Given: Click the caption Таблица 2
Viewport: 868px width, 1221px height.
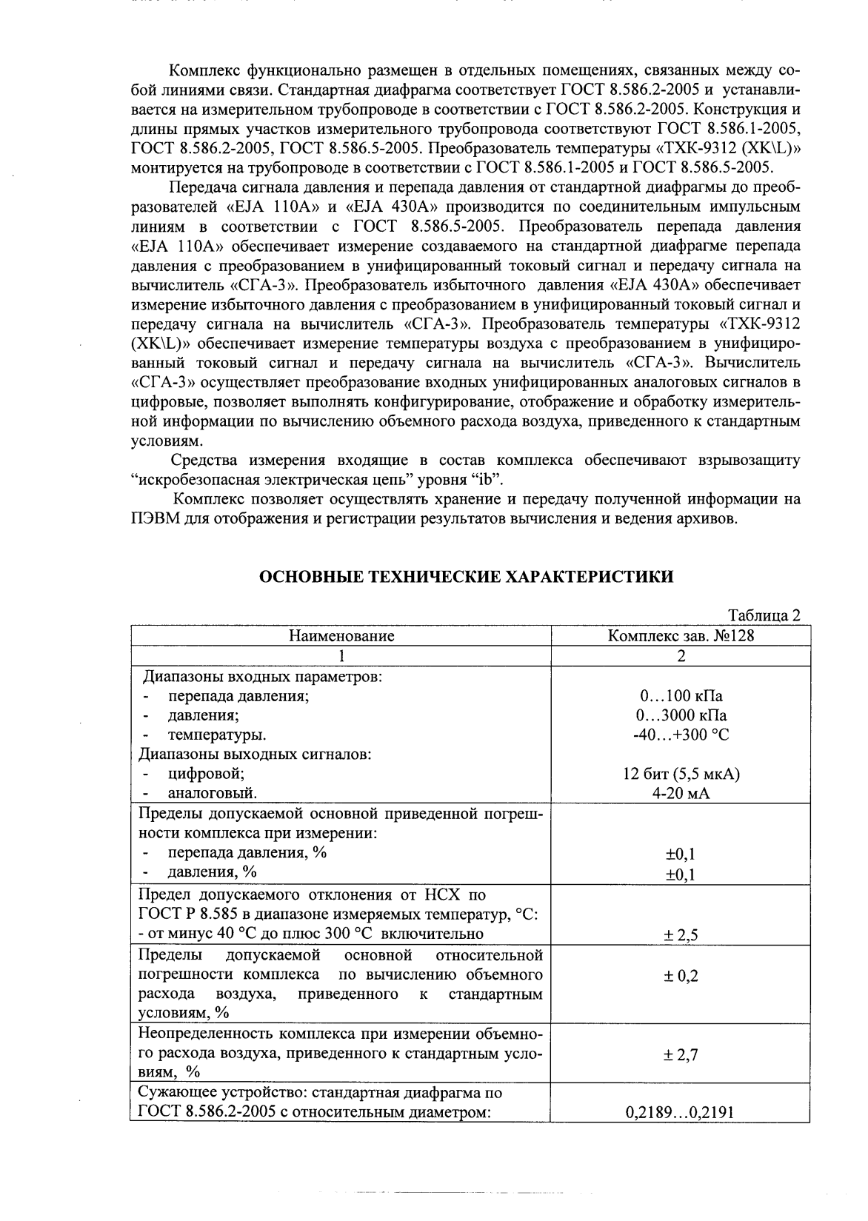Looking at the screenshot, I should click(764, 616).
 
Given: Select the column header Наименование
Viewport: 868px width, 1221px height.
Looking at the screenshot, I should click(341, 635).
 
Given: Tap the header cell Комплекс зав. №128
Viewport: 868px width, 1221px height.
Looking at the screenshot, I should click(681, 635).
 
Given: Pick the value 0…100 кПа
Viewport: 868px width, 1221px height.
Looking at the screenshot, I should click(681, 696).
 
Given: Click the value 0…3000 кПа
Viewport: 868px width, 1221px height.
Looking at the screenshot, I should click(681, 715).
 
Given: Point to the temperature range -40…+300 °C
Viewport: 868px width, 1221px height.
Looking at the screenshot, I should click(681, 735).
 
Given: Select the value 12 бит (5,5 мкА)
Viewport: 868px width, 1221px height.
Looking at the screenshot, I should click(681, 774).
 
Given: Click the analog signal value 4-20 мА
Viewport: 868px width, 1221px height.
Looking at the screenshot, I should click(681, 793).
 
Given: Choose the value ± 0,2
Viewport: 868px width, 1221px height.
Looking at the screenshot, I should click(681, 976).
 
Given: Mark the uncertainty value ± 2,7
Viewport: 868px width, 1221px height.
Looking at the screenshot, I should click(681, 1054).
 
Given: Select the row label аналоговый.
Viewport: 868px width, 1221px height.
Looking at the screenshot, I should click(213, 793).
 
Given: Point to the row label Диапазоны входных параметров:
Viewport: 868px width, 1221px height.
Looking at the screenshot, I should click(262, 676).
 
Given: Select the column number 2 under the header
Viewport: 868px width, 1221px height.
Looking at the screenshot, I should click(681, 655).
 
